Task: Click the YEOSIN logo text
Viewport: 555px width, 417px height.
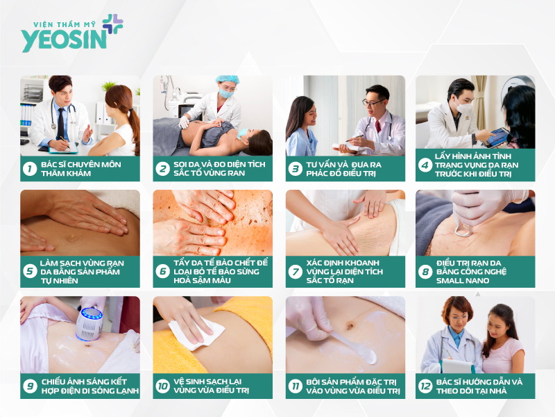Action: [x=64, y=40]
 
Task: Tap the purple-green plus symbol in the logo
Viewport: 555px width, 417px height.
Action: [x=113, y=24]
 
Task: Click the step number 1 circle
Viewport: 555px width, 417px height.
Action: [x=30, y=168]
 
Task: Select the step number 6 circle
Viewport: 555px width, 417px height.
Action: [x=162, y=272]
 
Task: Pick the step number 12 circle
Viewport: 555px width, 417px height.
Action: [x=425, y=386]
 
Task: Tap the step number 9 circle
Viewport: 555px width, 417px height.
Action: [x=30, y=386]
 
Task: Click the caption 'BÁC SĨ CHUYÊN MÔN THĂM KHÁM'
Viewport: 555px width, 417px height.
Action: [x=81, y=169]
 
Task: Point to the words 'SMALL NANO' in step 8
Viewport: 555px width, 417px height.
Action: [x=463, y=281]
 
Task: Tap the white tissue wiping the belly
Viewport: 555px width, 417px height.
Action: [x=196, y=334]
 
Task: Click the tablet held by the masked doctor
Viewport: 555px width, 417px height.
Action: [x=497, y=137]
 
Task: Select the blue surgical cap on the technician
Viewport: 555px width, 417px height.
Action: [x=228, y=79]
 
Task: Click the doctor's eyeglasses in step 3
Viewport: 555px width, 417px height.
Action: [x=372, y=102]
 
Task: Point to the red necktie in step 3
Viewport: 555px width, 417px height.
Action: [x=378, y=126]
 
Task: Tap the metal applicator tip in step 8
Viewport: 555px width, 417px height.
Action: [x=462, y=228]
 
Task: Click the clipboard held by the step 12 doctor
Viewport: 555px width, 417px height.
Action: [x=458, y=366]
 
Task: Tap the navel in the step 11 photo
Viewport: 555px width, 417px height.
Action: [x=350, y=325]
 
